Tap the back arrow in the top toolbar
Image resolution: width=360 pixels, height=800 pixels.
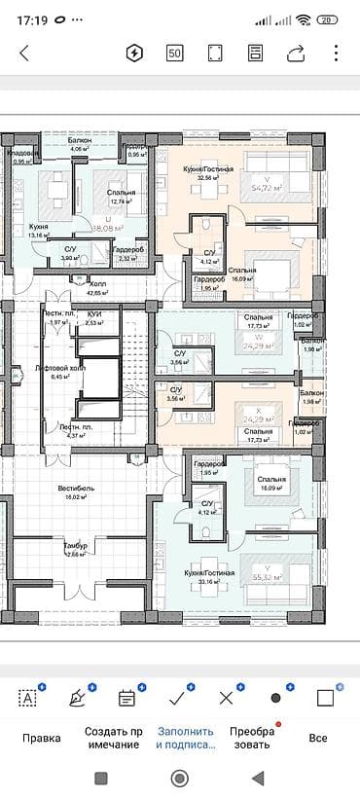24,54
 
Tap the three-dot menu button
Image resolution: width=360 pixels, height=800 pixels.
336,54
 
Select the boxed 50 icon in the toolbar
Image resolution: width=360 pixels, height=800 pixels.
175,54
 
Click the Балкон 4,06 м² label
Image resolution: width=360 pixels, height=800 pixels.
80,145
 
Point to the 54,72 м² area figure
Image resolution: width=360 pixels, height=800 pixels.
269,186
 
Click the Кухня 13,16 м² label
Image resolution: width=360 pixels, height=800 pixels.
39,231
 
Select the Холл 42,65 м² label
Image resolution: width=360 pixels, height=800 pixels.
96,288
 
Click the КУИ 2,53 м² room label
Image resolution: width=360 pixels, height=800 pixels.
94,319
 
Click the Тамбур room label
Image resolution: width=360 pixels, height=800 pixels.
75,551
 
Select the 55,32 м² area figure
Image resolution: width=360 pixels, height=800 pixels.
269,577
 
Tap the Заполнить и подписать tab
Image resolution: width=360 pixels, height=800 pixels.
184,738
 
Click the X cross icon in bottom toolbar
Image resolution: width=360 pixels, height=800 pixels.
227,697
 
